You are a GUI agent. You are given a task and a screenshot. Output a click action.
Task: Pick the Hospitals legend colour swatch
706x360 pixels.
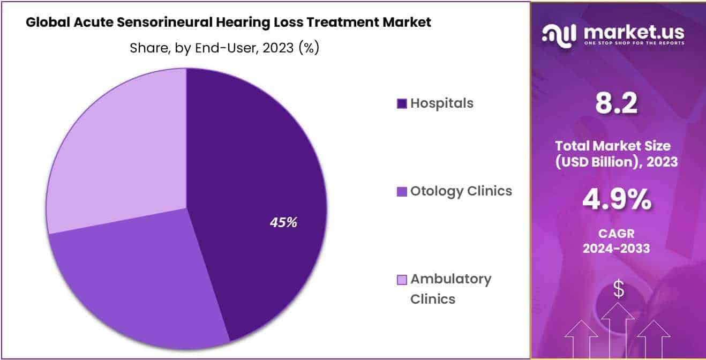[402, 103]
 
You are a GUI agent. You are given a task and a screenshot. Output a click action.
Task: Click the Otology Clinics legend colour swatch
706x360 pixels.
[402, 191]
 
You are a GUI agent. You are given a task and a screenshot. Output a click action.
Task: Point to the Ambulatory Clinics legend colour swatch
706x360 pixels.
[402, 280]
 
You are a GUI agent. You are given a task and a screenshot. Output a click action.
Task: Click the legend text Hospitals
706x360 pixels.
[442, 103]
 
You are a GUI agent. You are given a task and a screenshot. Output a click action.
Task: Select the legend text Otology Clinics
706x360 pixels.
[461, 191]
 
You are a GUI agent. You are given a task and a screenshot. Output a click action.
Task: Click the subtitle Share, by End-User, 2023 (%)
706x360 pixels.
[224, 48]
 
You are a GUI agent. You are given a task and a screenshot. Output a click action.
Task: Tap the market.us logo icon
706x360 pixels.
[559, 34]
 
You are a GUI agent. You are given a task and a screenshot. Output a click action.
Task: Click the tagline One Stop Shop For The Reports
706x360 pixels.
[634, 43]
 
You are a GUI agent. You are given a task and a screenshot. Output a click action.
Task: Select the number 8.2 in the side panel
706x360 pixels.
[617, 103]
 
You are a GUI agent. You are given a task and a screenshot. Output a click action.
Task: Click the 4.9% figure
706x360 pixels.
[617, 201]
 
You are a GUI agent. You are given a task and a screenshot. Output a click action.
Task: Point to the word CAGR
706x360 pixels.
[617, 234]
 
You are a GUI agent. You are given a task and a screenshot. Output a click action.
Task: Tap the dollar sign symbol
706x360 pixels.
[618, 290]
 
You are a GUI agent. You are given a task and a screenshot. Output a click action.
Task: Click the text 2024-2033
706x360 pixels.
[617, 249]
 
